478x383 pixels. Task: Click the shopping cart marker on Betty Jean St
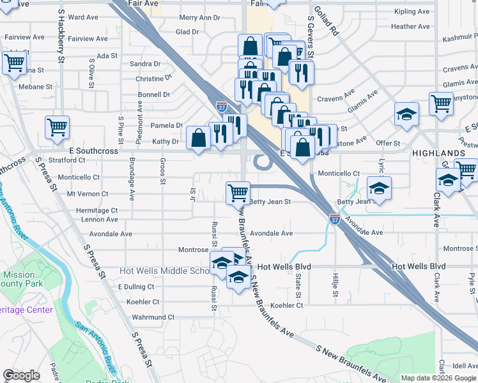pos(238,191)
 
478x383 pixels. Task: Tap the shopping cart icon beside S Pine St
pos(58,126)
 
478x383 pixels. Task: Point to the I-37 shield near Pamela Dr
pos(221,107)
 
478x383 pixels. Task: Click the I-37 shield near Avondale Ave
pos(335,219)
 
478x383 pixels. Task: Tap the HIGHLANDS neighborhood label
pos(438,154)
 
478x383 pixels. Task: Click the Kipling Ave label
pos(412,11)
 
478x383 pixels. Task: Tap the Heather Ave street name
pos(410,27)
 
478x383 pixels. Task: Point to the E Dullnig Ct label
pos(137,287)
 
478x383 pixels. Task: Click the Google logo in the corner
pos(21,375)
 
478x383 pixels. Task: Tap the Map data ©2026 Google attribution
pos(438,378)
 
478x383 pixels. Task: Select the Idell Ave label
pos(465,366)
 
